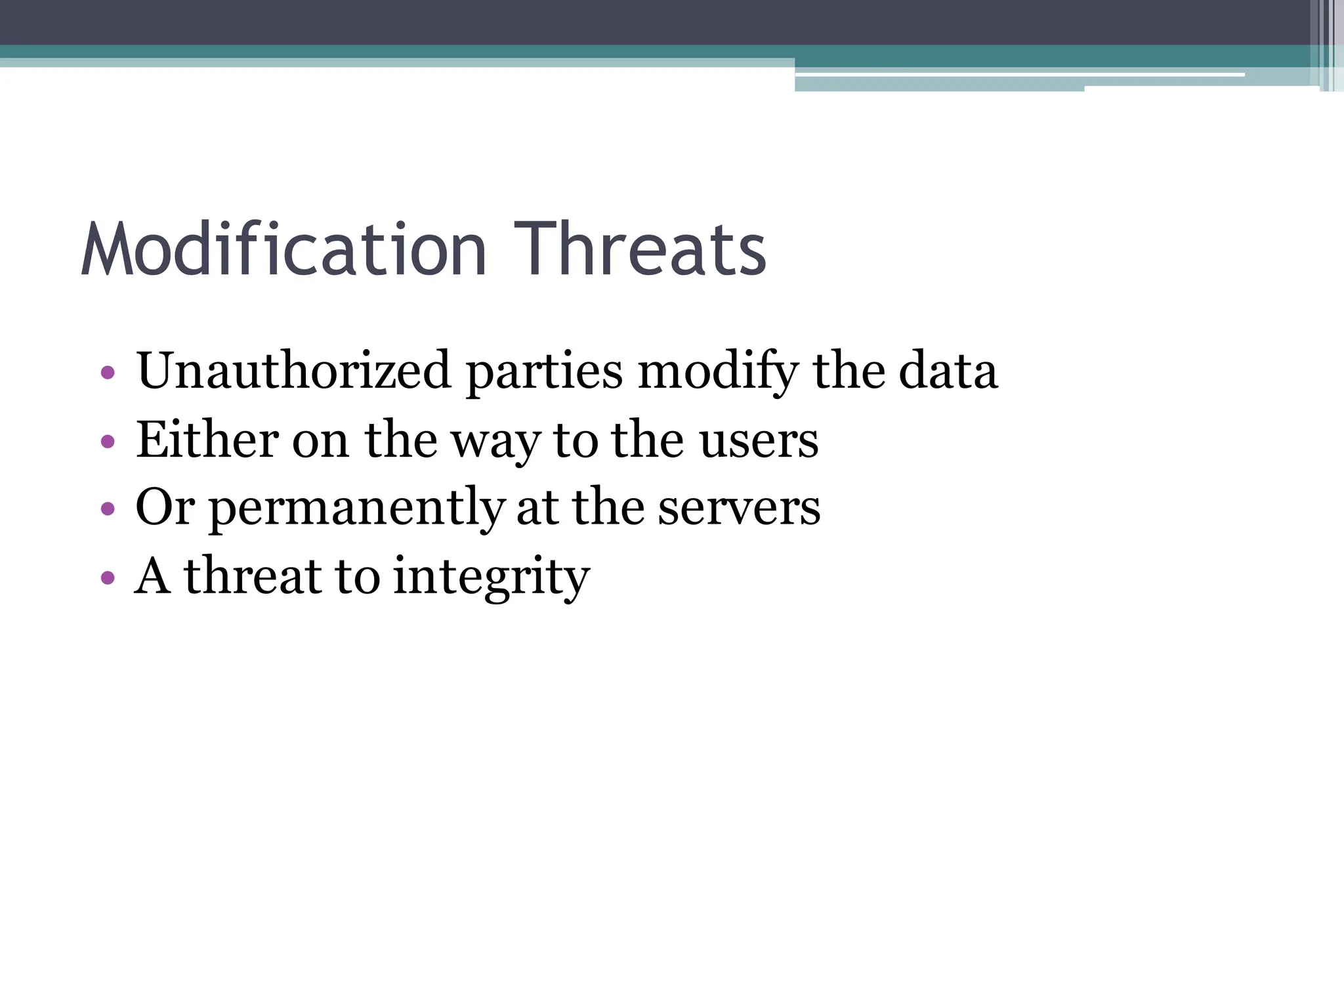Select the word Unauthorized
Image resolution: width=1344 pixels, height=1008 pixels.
(x=293, y=371)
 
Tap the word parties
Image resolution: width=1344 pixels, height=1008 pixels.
(x=544, y=372)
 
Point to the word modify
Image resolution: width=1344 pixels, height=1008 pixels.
(x=718, y=372)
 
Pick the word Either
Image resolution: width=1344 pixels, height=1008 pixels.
(x=207, y=439)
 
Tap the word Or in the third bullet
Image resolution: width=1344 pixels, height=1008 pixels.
(x=165, y=507)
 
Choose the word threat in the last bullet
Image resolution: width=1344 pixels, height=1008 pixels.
(x=253, y=576)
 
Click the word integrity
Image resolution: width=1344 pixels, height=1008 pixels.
(x=492, y=577)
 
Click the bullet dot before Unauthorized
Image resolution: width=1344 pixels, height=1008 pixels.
(x=108, y=373)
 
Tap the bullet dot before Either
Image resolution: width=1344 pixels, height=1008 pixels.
(x=108, y=442)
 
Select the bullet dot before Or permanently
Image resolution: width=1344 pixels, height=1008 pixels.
(x=108, y=509)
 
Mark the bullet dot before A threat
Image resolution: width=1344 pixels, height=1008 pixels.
(x=108, y=577)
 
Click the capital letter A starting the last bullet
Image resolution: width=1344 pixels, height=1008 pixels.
(x=153, y=576)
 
